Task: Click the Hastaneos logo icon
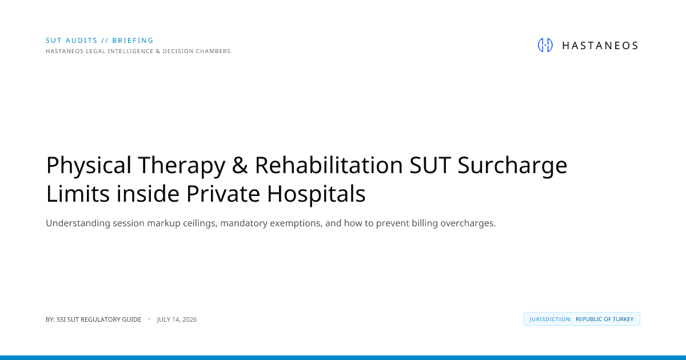click(545, 45)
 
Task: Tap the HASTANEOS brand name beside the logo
click(600, 46)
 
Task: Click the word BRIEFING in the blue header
click(133, 41)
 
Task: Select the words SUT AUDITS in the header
click(71, 41)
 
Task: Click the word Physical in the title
click(89, 166)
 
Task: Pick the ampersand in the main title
click(240, 165)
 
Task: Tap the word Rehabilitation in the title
click(329, 165)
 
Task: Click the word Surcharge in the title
click(512, 166)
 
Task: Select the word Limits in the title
click(78, 194)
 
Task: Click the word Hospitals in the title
click(316, 194)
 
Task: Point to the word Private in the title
click(224, 194)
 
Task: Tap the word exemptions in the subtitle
click(296, 223)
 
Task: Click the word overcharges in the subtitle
click(468, 223)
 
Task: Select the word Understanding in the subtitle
click(78, 223)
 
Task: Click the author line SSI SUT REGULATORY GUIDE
click(99, 319)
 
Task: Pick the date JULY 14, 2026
click(177, 319)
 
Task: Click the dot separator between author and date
click(149, 319)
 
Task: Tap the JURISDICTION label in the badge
click(551, 319)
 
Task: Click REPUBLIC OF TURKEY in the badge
click(605, 319)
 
